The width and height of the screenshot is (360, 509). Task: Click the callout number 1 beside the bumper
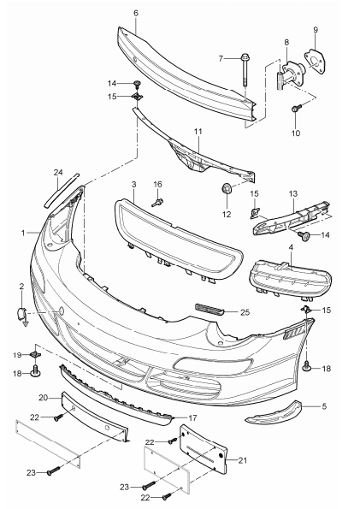[x=24, y=232]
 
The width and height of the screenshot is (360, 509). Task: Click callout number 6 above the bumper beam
[x=135, y=13]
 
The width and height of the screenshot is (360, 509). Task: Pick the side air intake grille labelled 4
[x=286, y=279]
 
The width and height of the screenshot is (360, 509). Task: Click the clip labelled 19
[x=36, y=354]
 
